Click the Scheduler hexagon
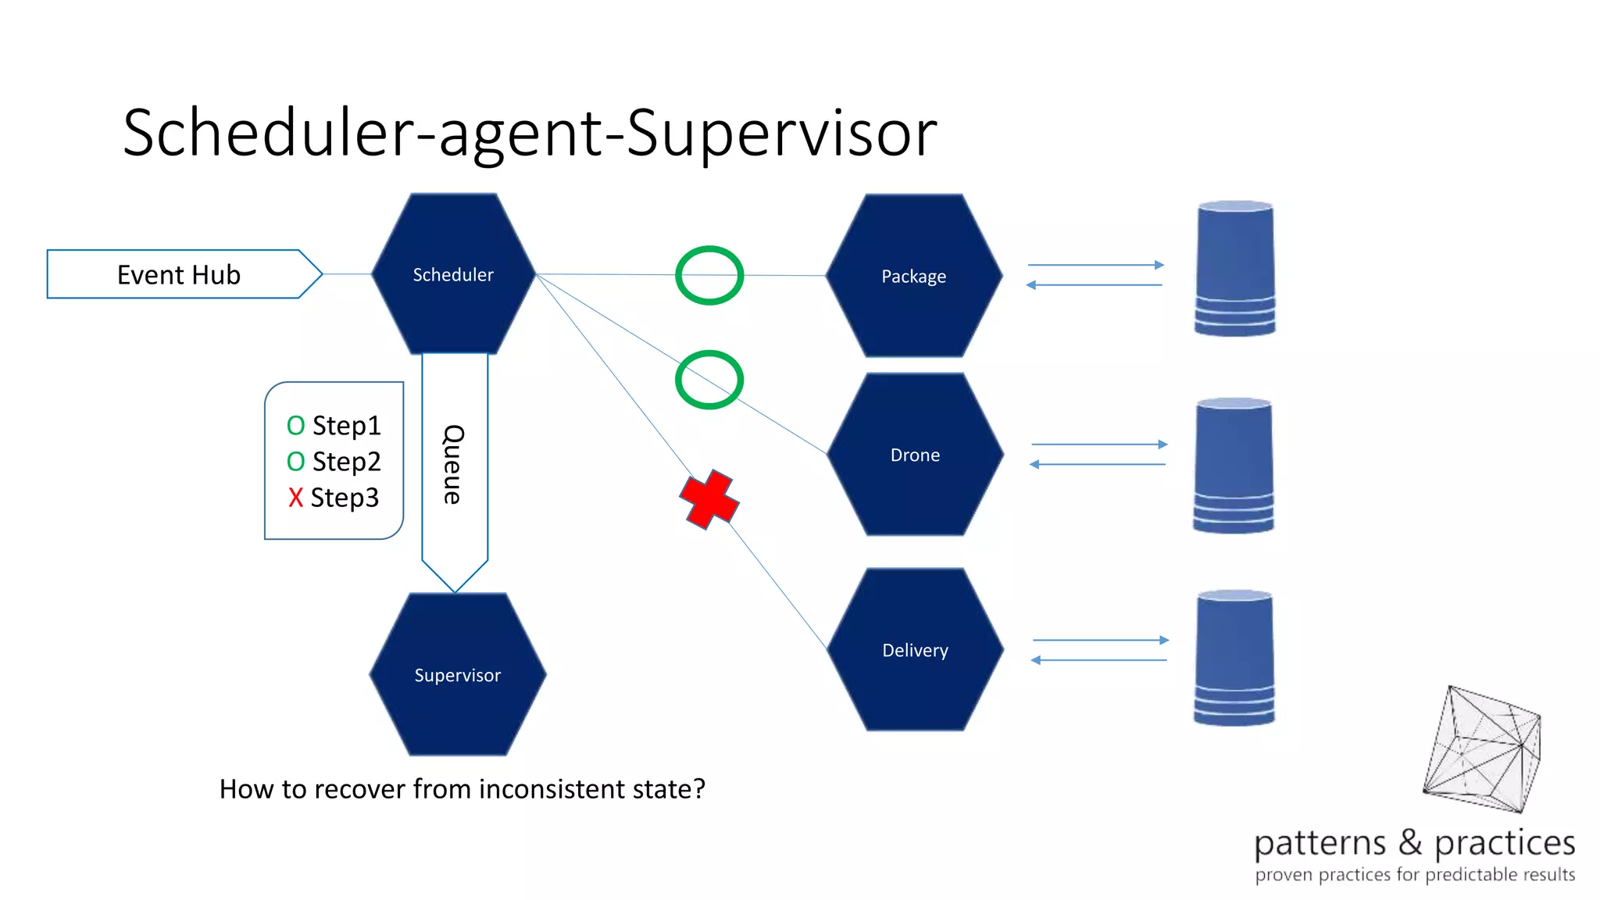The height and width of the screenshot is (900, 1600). [453, 274]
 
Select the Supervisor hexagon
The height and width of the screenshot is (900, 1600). [457, 675]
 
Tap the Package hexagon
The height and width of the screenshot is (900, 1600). [913, 276]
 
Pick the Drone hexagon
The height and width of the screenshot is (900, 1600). [915, 455]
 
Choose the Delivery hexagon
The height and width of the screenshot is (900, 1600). [915, 650]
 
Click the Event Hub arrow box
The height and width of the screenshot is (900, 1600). [180, 274]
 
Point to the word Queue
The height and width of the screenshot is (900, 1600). [454, 465]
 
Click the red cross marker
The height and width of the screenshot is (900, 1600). [709, 499]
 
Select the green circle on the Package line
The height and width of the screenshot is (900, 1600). [709, 276]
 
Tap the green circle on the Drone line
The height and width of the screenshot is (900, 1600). [709, 380]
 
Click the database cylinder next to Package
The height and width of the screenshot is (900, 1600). [1235, 269]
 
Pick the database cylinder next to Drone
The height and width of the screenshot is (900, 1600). [1234, 466]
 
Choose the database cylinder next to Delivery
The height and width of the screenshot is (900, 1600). [1234, 658]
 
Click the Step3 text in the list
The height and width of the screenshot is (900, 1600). [345, 498]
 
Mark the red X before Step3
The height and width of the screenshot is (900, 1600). [295, 498]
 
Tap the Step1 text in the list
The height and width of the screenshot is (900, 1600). [346, 426]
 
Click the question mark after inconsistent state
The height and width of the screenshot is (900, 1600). [698, 788]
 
